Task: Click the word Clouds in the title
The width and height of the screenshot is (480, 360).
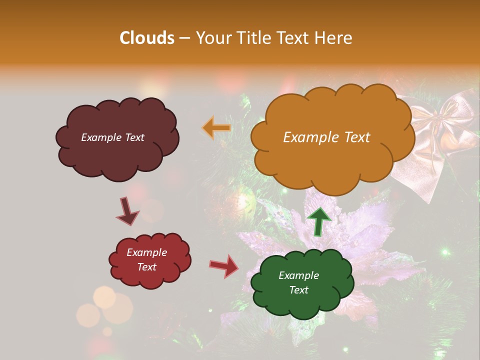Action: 147,38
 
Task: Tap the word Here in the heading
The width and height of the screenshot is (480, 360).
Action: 334,38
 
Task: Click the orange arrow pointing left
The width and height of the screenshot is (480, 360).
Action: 216,128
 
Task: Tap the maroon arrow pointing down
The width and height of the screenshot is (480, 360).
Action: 128,211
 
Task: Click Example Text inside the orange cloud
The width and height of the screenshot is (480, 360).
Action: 326,137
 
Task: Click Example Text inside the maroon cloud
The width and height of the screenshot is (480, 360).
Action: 112,137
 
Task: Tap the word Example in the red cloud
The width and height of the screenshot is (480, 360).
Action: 146,252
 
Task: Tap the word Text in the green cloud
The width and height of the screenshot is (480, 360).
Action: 298,290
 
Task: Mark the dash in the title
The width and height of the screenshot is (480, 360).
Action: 184,38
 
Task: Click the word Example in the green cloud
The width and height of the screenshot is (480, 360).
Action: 298,275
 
